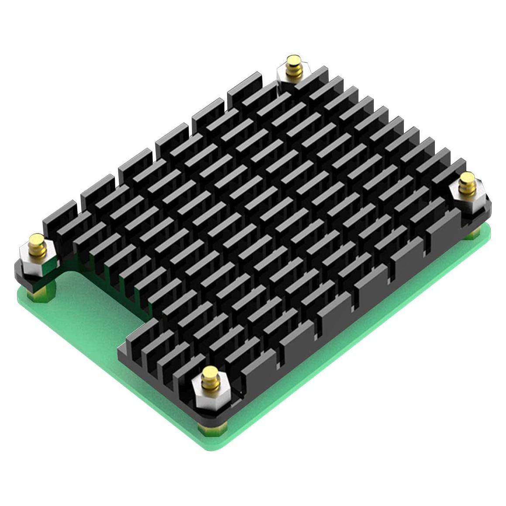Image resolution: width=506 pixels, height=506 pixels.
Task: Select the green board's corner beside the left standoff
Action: [x=22, y=297]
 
